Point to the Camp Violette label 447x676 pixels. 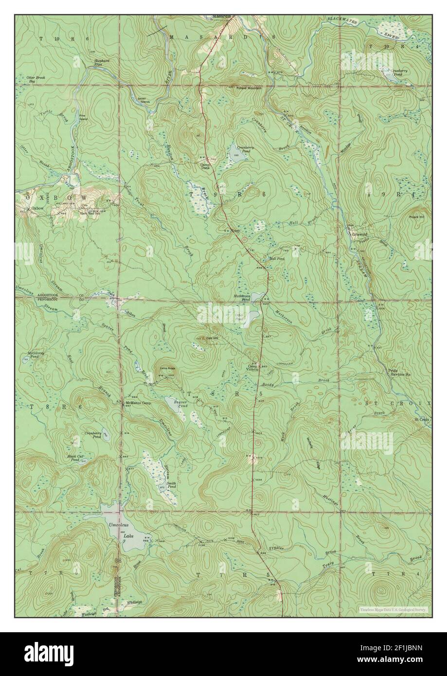pyautogui.click(x=254, y=368)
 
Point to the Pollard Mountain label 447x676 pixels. pyautogui.click(x=249, y=88)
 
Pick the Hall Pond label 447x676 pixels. pyautogui.click(x=276, y=259)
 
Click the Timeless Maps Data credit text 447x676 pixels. pyautogui.click(x=393, y=608)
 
